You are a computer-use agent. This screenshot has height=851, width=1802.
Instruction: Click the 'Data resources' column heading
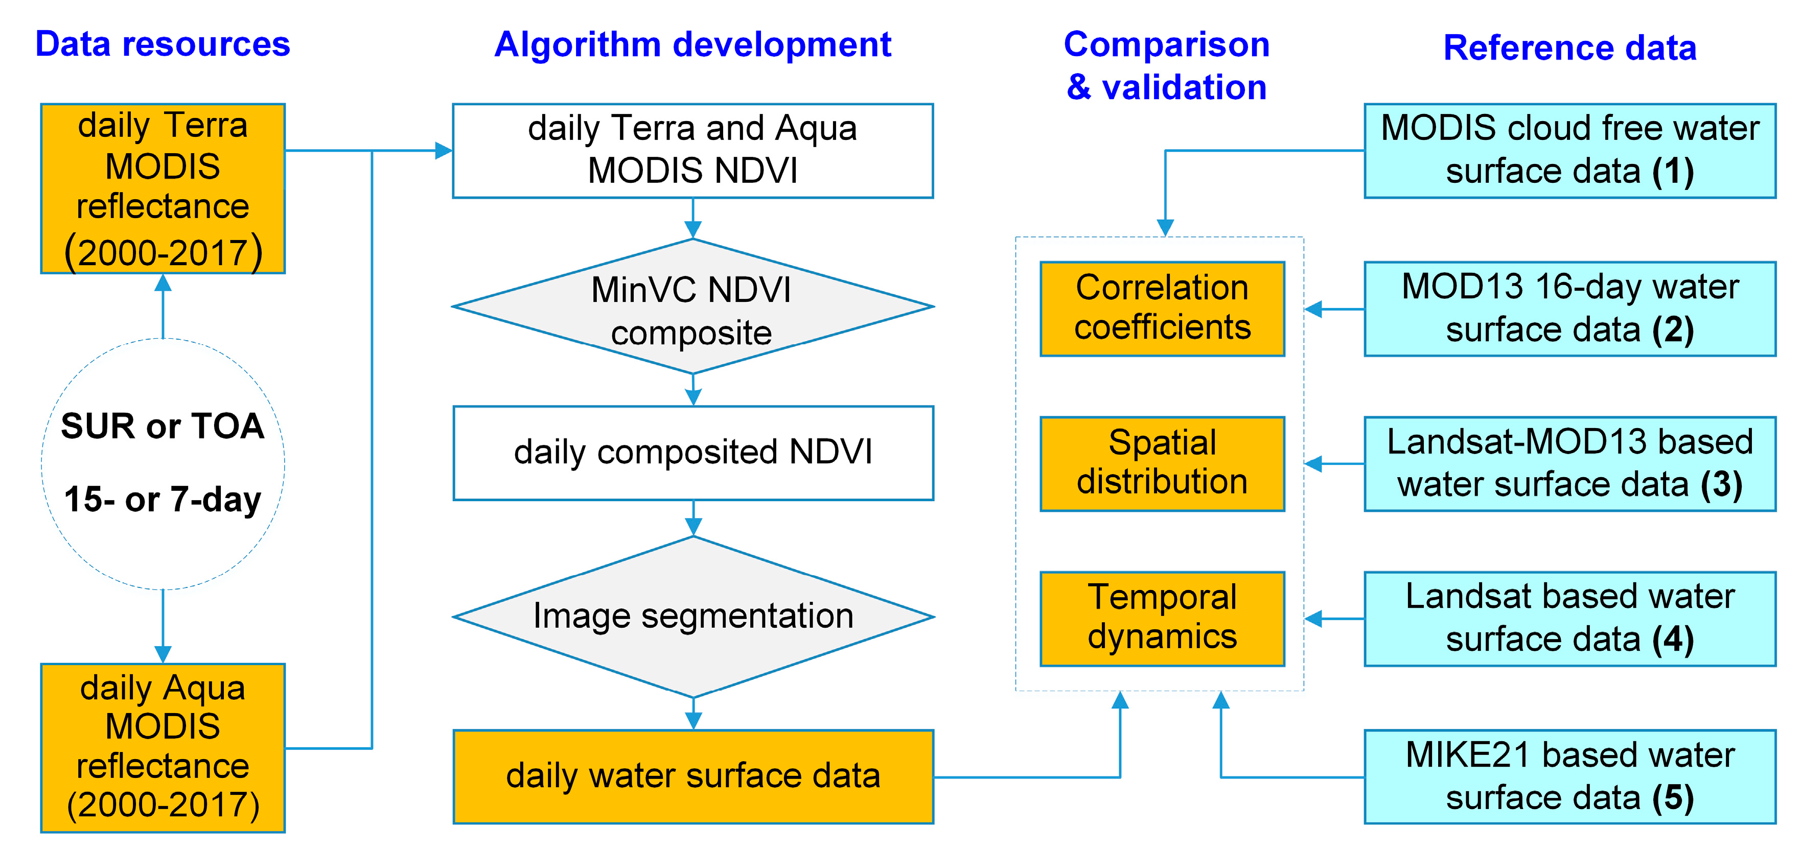tap(163, 44)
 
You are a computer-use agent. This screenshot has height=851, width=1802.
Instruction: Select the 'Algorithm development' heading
tap(692, 45)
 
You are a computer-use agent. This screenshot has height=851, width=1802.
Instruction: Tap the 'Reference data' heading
tap(1570, 48)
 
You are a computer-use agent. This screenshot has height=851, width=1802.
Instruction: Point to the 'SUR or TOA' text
tap(163, 426)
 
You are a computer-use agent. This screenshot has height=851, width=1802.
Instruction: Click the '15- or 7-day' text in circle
tap(163, 499)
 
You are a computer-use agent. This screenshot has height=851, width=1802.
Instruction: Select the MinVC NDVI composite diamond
tap(692, 308)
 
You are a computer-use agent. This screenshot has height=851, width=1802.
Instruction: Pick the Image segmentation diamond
tap(692, 616)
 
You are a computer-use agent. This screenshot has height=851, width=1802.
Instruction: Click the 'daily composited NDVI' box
tap(692, 453)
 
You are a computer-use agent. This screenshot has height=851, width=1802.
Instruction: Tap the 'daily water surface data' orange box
tap(692, 776)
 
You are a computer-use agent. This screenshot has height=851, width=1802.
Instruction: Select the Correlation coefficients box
tap(1162, 309)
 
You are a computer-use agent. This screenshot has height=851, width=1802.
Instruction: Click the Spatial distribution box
tap(1162, 463)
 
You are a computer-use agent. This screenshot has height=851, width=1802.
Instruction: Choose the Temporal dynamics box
tap(1162, 618)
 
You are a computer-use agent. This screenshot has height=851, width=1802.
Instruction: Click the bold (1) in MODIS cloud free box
tap(1673, 171)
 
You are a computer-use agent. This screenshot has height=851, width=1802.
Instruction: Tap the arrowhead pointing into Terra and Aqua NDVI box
tap(444, 150)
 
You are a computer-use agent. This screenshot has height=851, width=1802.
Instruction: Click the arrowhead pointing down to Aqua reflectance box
tap(163, 654)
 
